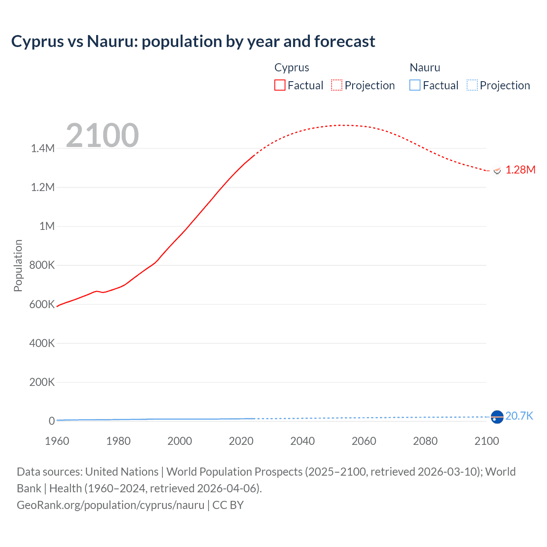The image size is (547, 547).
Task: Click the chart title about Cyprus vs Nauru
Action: (193, 41)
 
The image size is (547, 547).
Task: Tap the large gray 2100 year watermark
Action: (102, 135)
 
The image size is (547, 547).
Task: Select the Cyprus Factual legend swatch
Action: (279, 85)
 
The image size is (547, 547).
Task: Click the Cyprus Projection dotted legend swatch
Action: (337, 85)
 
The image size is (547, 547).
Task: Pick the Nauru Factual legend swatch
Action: (415, 85)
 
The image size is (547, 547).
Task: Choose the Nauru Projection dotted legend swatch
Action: (472, 85)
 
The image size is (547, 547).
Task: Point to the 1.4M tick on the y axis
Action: (43, 148)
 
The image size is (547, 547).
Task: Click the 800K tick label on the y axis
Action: (42, 265)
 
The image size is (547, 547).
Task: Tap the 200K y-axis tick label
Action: (42, 382)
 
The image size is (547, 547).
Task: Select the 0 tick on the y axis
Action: (52, 421)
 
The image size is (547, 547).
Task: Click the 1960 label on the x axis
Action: (57, 441)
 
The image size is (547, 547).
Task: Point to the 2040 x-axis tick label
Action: (303, 441)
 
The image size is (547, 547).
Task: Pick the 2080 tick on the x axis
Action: (425, 441)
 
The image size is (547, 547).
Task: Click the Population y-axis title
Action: (18, 265)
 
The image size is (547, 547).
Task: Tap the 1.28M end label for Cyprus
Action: (520, 170)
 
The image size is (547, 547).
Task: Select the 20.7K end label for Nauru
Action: (519, 416)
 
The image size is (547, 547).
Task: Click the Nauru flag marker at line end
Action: (497, 417)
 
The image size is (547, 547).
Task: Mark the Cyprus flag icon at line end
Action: (497, 171)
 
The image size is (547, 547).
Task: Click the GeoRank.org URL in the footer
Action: (111, 505)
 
